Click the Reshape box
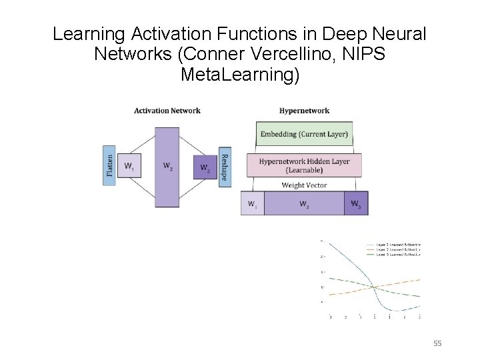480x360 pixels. [x=225, y=167]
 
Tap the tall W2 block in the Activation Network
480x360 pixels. [x=166, y=167]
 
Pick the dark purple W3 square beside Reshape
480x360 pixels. [x=204, y=167]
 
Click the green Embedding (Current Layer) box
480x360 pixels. [x=304, y=134]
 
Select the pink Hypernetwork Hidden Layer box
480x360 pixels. [x=304, y=165]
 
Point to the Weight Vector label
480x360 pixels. [x=304, y=185]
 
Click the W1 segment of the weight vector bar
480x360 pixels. [x=252, y=203]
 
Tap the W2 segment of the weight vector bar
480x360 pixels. [x=304, y=203]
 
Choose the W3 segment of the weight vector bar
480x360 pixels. [x=356, y=203]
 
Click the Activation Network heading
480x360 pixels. [x=167, y=111]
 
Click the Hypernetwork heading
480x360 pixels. [x=304, y=111]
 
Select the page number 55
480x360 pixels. [x=437, y=343]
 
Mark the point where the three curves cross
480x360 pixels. [x=374, y=287]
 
